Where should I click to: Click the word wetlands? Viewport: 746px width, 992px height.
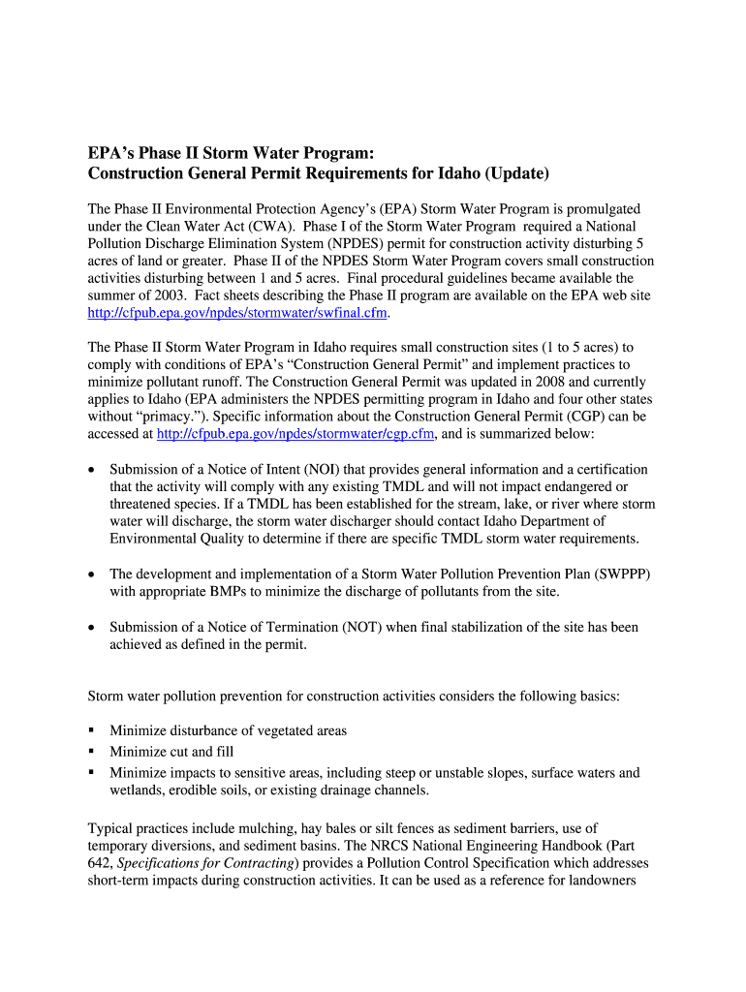pos(135,790)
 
